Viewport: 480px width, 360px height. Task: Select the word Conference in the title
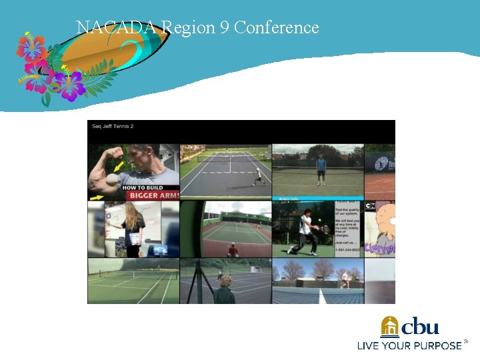277,28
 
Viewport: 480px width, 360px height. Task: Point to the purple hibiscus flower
69,86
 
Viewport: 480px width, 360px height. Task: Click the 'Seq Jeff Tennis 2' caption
113,126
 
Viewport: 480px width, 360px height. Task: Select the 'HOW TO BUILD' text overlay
142,188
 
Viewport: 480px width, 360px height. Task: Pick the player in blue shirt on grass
321,169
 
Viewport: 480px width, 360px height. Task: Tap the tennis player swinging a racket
305,231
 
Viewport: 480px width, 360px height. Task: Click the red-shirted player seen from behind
233,250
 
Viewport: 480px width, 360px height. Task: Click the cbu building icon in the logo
390,327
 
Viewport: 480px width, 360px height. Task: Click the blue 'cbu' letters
421,326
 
